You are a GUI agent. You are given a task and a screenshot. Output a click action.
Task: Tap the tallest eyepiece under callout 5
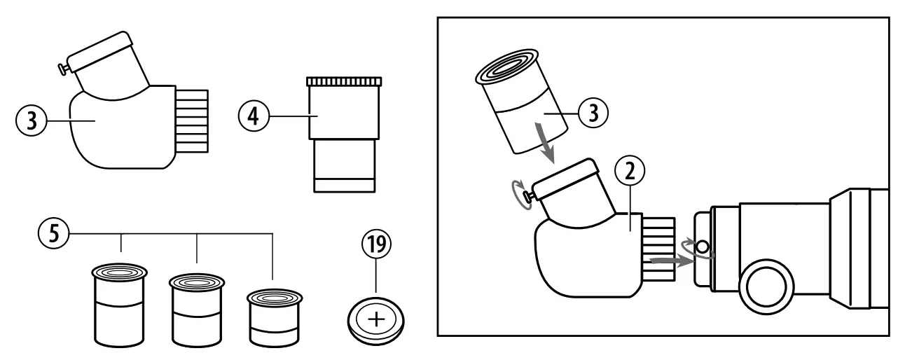point(121,305)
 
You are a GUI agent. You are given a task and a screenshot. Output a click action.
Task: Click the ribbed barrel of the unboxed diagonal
point(191,120)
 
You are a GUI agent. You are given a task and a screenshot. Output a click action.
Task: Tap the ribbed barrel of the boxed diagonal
point(658,249)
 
